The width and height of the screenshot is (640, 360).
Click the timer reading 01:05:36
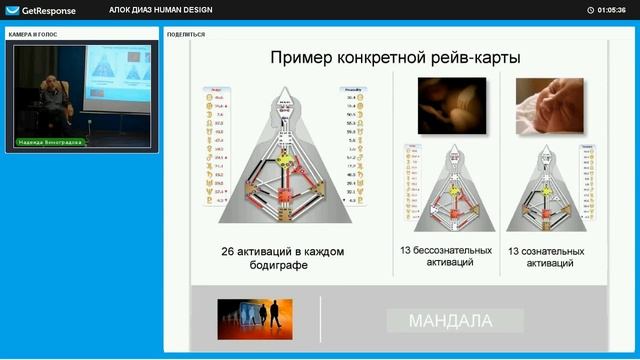610,10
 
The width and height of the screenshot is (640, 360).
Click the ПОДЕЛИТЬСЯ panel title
186,33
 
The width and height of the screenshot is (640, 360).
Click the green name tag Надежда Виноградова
50,142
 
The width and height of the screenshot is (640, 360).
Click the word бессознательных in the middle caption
451,250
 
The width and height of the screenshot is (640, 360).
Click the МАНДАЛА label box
449,321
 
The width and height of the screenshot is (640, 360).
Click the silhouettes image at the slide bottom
254,320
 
